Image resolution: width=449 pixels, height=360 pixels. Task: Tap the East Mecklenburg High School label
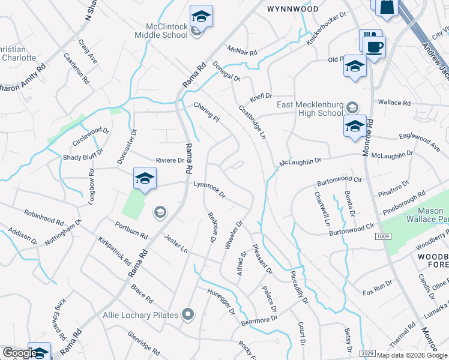coord(310,109)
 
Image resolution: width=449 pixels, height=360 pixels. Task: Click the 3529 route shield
coord(367,353)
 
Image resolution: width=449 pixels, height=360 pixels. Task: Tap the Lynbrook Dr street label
coord(208,190)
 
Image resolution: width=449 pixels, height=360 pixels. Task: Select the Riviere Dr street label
coord(170,160)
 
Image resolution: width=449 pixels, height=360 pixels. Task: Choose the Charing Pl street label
coord(206,112)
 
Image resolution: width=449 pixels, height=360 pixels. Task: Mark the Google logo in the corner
coord(19,353)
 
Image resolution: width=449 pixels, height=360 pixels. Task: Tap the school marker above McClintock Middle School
coord(202,16)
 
